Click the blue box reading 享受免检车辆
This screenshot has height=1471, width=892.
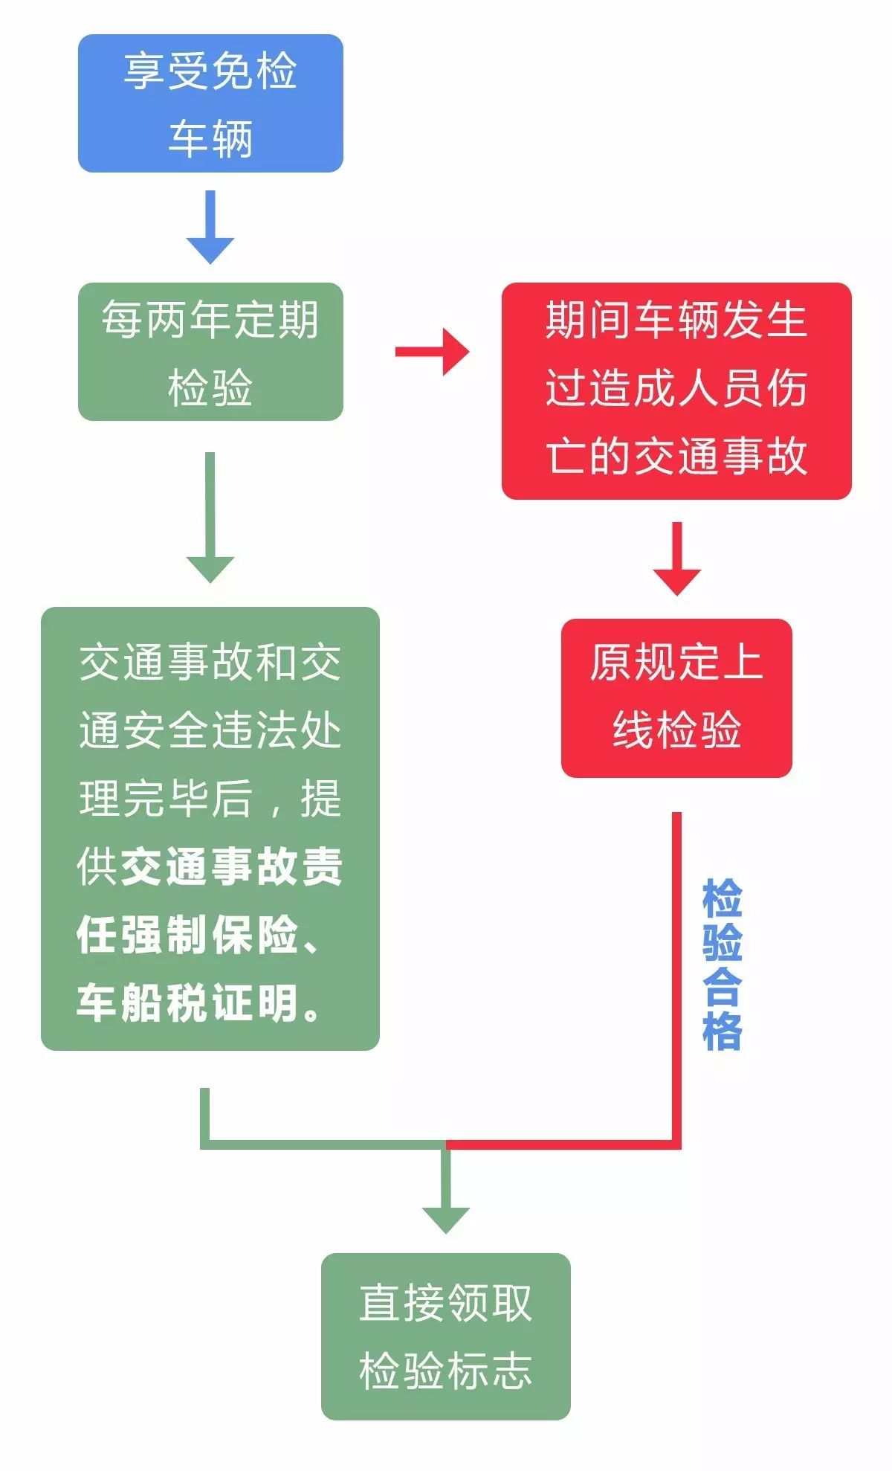[210, 103]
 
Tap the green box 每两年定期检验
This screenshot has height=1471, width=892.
[210, 352]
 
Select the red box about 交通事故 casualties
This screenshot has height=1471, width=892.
[676, 390]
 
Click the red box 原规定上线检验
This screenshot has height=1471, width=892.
[676, 698]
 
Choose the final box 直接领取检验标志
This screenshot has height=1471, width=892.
[445, 1336]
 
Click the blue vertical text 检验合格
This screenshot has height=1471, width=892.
[722, 965]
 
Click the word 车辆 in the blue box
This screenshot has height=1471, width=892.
[210, 138]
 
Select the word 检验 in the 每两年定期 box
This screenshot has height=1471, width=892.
[210, 387]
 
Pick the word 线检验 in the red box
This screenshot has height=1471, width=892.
[676, 730]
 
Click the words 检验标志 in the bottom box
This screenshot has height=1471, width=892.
[445, 1371]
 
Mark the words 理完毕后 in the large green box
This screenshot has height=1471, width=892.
[166, 799]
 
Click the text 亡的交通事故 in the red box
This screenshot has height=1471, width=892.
[676, 456]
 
